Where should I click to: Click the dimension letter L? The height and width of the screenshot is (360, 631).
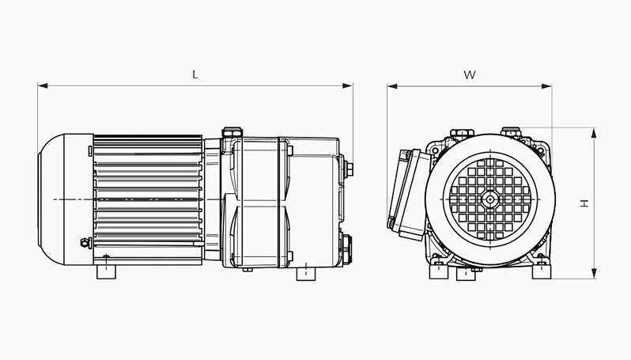tap(195, 75)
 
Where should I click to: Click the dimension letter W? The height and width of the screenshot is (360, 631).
tap(470, 75)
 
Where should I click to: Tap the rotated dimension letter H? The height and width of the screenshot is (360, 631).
tap(584, 203)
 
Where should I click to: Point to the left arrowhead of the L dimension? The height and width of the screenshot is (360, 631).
tap(43, 85)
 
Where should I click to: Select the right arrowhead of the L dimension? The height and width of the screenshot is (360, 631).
tap(348, 85)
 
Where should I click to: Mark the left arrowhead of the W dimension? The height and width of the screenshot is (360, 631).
tap(392, 85)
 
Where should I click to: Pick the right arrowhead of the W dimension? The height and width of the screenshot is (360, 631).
tap(546, 85)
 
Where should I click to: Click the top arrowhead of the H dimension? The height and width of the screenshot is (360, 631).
tap(593, 133)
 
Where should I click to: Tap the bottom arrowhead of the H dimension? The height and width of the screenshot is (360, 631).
tap(593, 274)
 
